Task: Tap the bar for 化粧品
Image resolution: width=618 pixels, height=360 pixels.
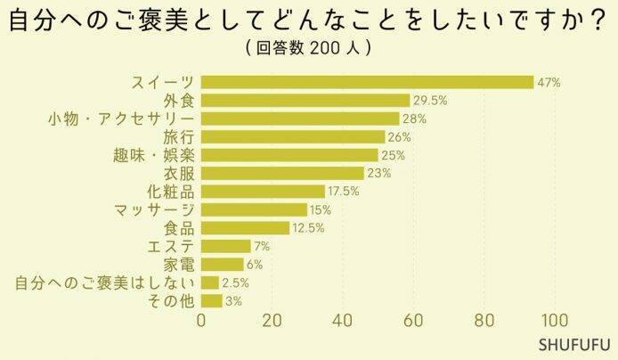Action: pyautogui.click(x=263, y=191)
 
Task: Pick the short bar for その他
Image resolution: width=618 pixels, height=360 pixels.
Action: pyautogui.click(x=211, y=300)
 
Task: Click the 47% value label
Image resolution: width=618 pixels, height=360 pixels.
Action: pyautogui.click(x=549, y=82)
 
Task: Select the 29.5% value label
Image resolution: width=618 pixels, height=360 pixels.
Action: pyautogui.click(x=430, y=100)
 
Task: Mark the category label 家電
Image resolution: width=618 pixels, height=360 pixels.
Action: pyautogui.click(x=179, y=264)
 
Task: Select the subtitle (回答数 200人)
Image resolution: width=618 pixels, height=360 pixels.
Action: pyautogui.click(x=306, y=46)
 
